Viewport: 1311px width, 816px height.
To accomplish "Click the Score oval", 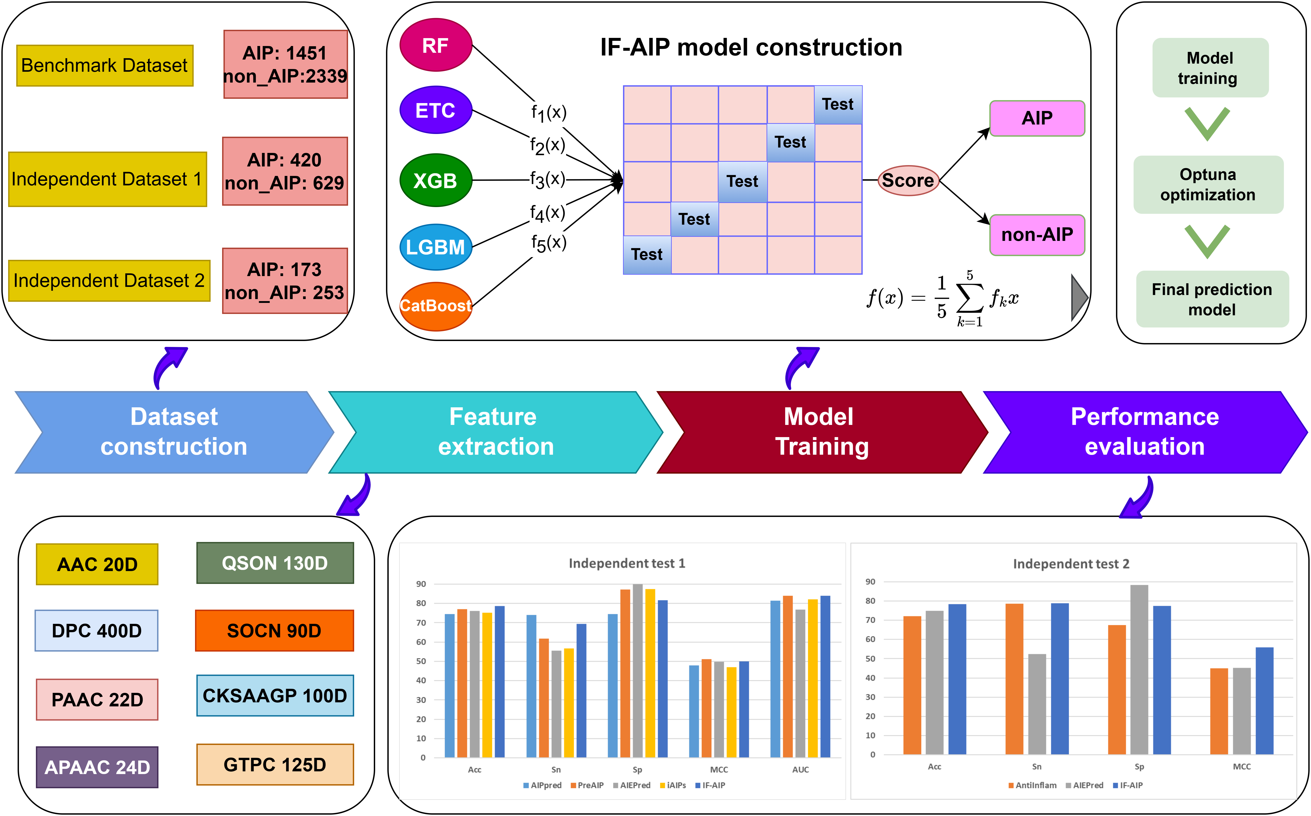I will pyautogui.click(x=908, y=180).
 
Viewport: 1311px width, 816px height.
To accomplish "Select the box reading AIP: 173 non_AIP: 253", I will pyautogui.click(x=285, y=281).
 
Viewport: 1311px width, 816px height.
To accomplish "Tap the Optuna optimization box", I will pyautogui.click(x=1208, y=184).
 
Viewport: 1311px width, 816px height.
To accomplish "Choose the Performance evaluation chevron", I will pyautogui.click(x=1145, y=432).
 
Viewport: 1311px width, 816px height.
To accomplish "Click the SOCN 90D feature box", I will pyautogui.click(x=274, y=630).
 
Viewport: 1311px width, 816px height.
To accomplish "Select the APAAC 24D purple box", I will pyautogui.click(x=97, y=767).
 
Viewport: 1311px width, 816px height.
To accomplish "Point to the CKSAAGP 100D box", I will pyautogui.click(x=275, y=696).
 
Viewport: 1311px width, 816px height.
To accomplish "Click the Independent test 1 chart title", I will pyautogui.click(x=626, y=563).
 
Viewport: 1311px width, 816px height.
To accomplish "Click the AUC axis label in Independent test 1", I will pyautogui.click(x=800, y=770).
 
